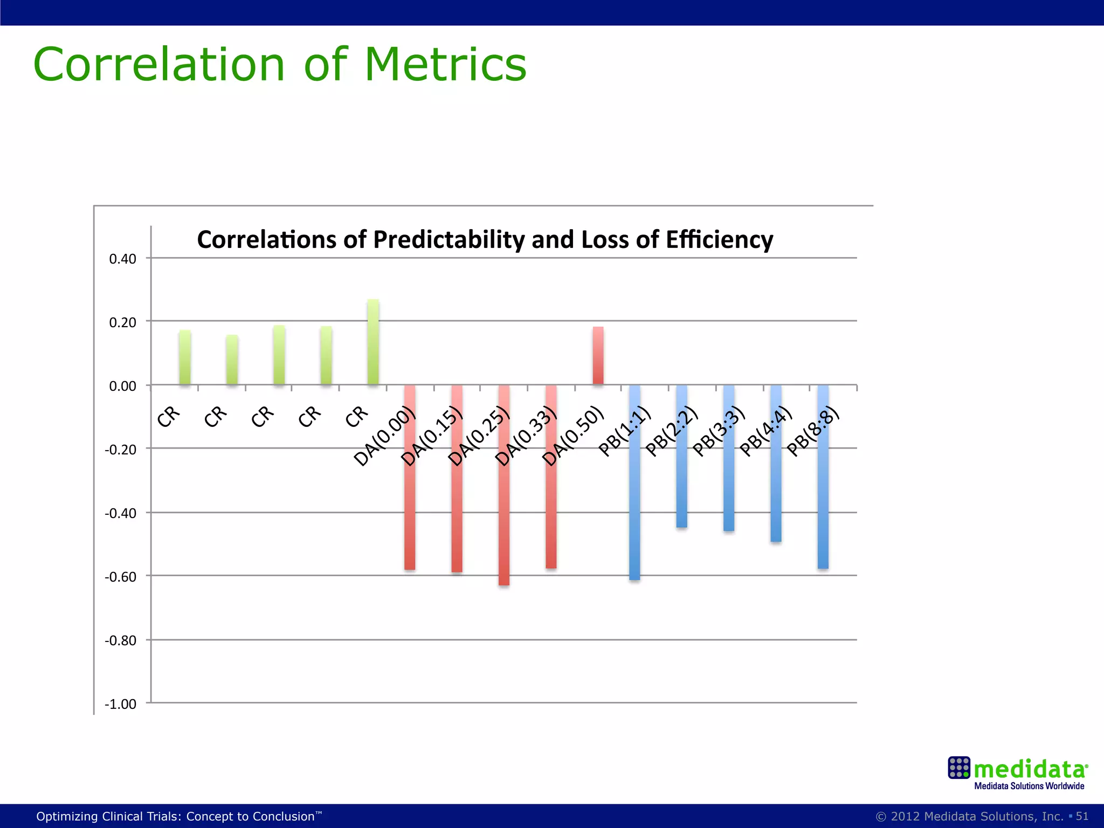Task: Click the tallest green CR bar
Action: [373, 342]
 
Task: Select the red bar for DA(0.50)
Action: [598, 355]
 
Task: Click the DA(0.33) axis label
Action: [526, 437]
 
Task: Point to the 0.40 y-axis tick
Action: [122, 259]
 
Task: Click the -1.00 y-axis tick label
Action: [120, 704]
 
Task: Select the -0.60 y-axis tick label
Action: [120, 577]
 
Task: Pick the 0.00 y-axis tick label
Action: [122, 386]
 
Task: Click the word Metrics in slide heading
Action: [445, 65]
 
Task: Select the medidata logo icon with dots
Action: [959, 768]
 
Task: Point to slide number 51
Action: [1082, 816]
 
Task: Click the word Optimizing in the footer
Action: [67, 817]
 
